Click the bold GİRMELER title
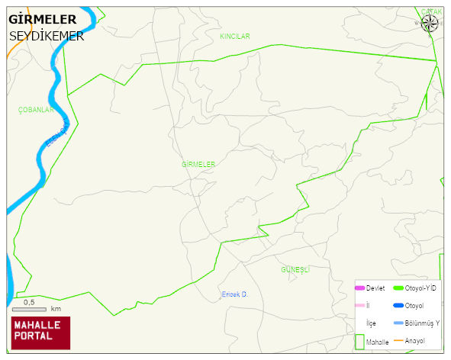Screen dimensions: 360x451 tap(42, 19)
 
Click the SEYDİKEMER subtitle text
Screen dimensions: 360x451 tap(47, 35)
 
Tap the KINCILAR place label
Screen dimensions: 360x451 tap(235, 37)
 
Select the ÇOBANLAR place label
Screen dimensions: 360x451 tap(36, 110)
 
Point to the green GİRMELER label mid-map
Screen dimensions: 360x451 tap(198, 164)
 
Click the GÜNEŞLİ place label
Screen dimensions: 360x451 tap(295, 270)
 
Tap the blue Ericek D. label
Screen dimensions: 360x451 tap(236, 294)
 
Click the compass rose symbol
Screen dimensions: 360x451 tap(430, 24)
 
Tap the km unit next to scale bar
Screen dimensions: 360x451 tap(56, 309)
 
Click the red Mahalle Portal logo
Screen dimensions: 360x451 tap(40, 333)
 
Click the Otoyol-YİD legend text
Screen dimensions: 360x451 tap(420, 288)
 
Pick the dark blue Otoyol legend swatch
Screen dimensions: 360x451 tap(398, 305)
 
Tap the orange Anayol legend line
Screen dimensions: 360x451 tap(398, 339)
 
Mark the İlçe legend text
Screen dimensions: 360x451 tap(372, 323)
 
